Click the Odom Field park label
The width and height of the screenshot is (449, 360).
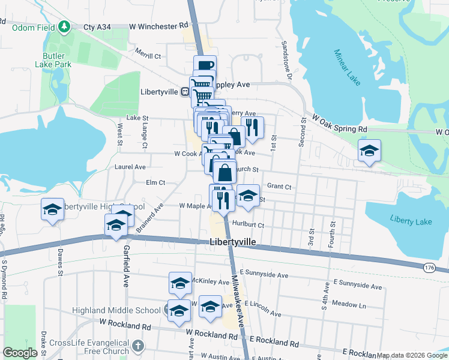pyautogui.click(x=29, y=27)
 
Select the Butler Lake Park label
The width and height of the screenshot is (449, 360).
pyautogui.click(x=53, y=60)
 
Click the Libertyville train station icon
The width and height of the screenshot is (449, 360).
pyautogui.click(x=185, y=92)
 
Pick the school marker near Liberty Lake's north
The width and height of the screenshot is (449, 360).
pyautogui.click(x=369, y=151)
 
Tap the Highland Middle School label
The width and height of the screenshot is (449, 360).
pyautogui.click(x=116, y=310)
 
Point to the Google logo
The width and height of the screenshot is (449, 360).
pyautogui.click(x=20, y=353)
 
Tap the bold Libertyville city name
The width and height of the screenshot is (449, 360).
pyautogui.click(x=234, y=242)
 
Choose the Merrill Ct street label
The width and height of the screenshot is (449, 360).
pyautogui.click(x=148, y=56)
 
